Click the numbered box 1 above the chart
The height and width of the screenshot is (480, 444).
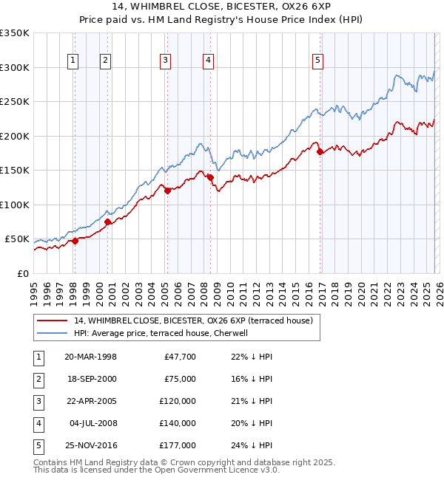[74, 61]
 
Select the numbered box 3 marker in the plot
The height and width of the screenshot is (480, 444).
[166, 61]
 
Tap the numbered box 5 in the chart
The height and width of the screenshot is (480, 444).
[317, 61]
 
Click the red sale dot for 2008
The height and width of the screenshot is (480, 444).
[210, 177]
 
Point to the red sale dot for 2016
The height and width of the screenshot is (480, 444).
[320, 152]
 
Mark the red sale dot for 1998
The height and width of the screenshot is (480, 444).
[75, 241]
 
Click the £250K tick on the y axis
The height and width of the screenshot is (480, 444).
[15, 102]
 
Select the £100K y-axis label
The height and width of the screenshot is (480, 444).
[15, 205]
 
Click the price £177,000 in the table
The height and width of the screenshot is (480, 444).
[177, 445]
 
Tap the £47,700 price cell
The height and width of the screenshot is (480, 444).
[179, 357]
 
